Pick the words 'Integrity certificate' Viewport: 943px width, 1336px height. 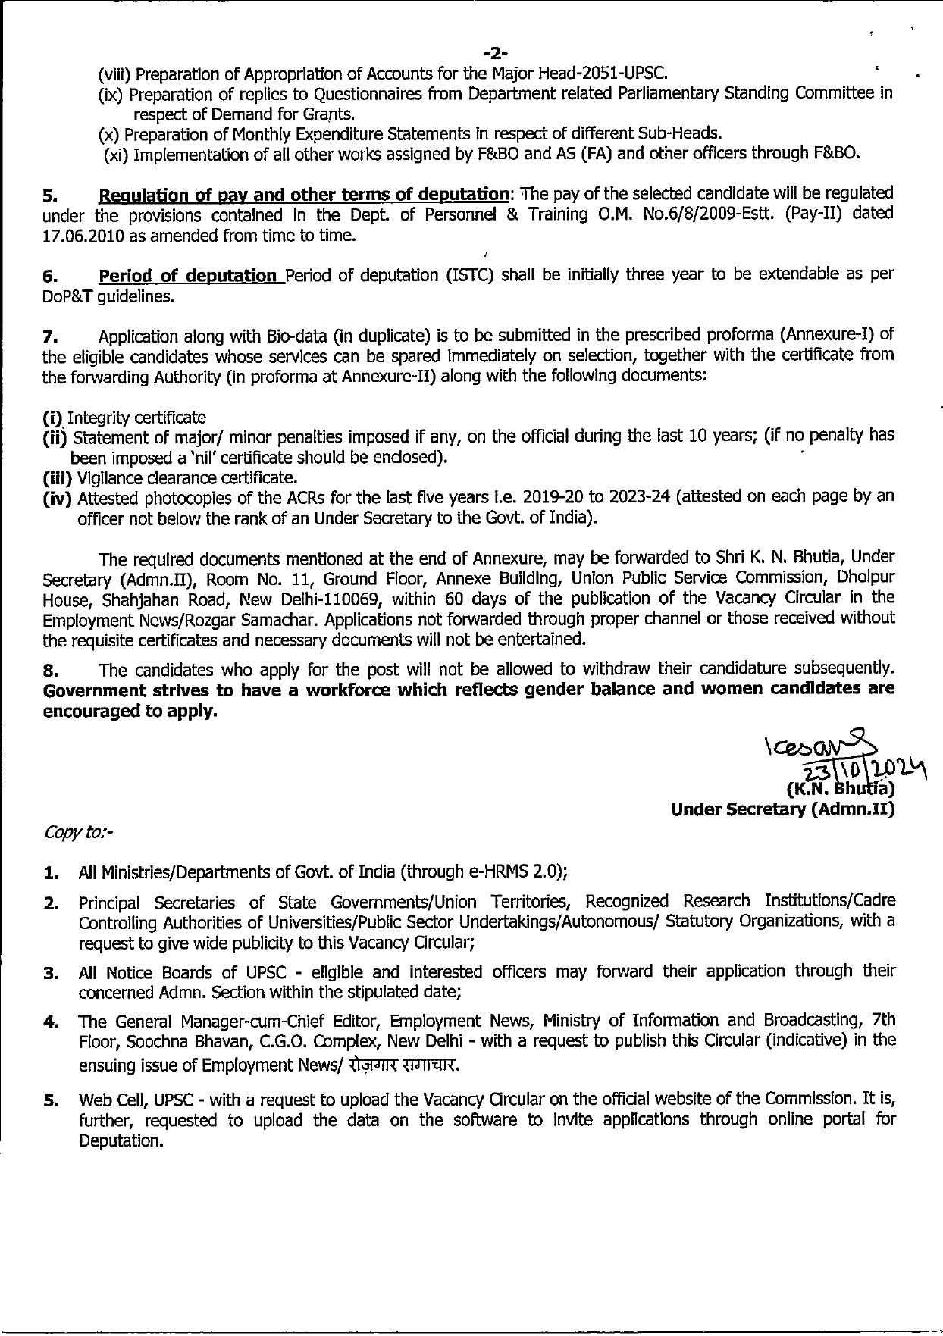tap(136, 418)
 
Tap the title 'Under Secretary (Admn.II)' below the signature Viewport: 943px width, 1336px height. tap(782, 809)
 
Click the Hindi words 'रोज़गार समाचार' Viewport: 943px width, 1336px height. tap(404, 1065)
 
